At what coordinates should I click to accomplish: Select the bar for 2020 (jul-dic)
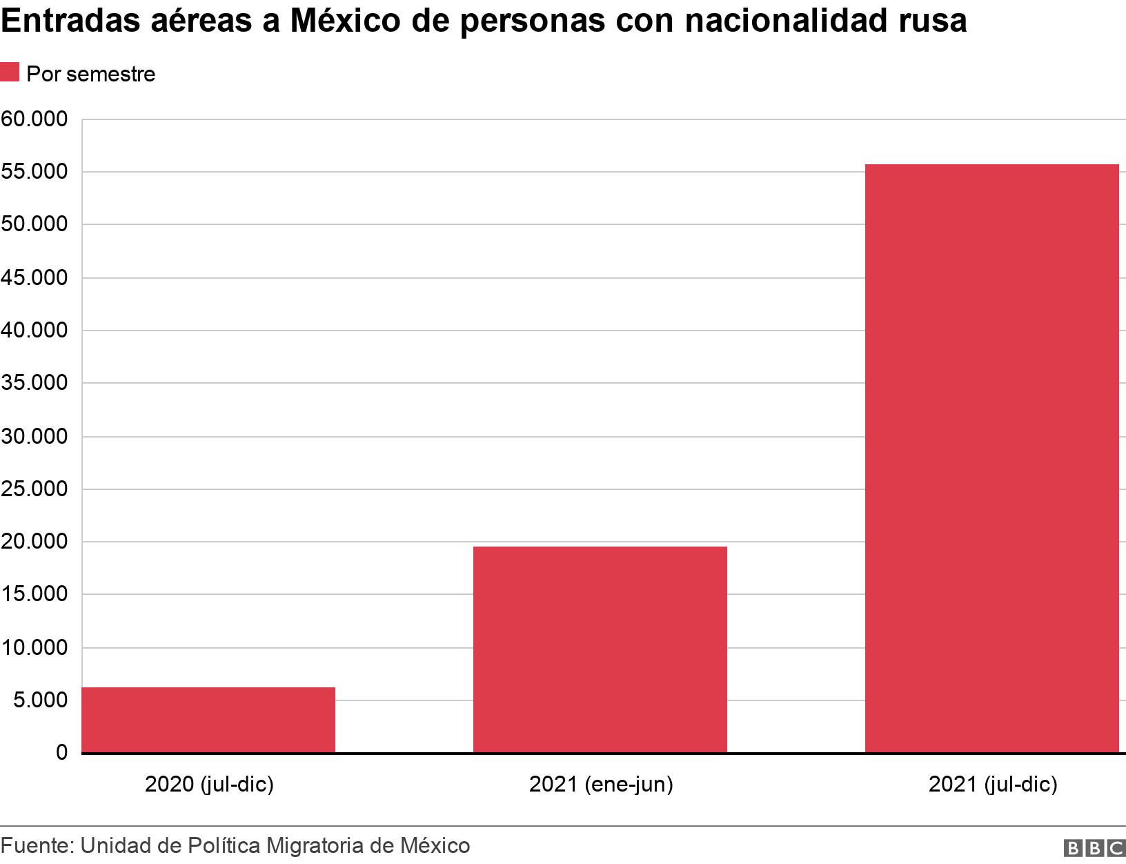pos(208,720)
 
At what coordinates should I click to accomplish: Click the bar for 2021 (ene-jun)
pos(600,649)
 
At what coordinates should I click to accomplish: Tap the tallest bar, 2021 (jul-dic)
pos(991,458)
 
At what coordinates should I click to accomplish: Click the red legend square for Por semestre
pos(10,72)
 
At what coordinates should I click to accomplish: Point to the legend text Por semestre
pos(90,74)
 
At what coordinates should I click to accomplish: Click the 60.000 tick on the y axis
pos(34,119)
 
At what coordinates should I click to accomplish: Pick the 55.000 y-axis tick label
pos(34,172)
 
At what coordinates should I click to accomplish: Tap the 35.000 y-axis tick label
pos(34,383)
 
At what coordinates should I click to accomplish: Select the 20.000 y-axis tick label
pos(34,542)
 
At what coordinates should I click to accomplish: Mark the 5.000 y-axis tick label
pos(39,700)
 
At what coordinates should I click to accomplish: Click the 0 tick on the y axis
pos(62,753)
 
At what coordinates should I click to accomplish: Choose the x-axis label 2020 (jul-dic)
pos(209,784)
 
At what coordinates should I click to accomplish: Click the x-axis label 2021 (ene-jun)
pos(600,784)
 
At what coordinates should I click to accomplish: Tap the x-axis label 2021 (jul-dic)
pos(992,784)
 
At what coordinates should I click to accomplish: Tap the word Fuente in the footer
pos(36,845)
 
